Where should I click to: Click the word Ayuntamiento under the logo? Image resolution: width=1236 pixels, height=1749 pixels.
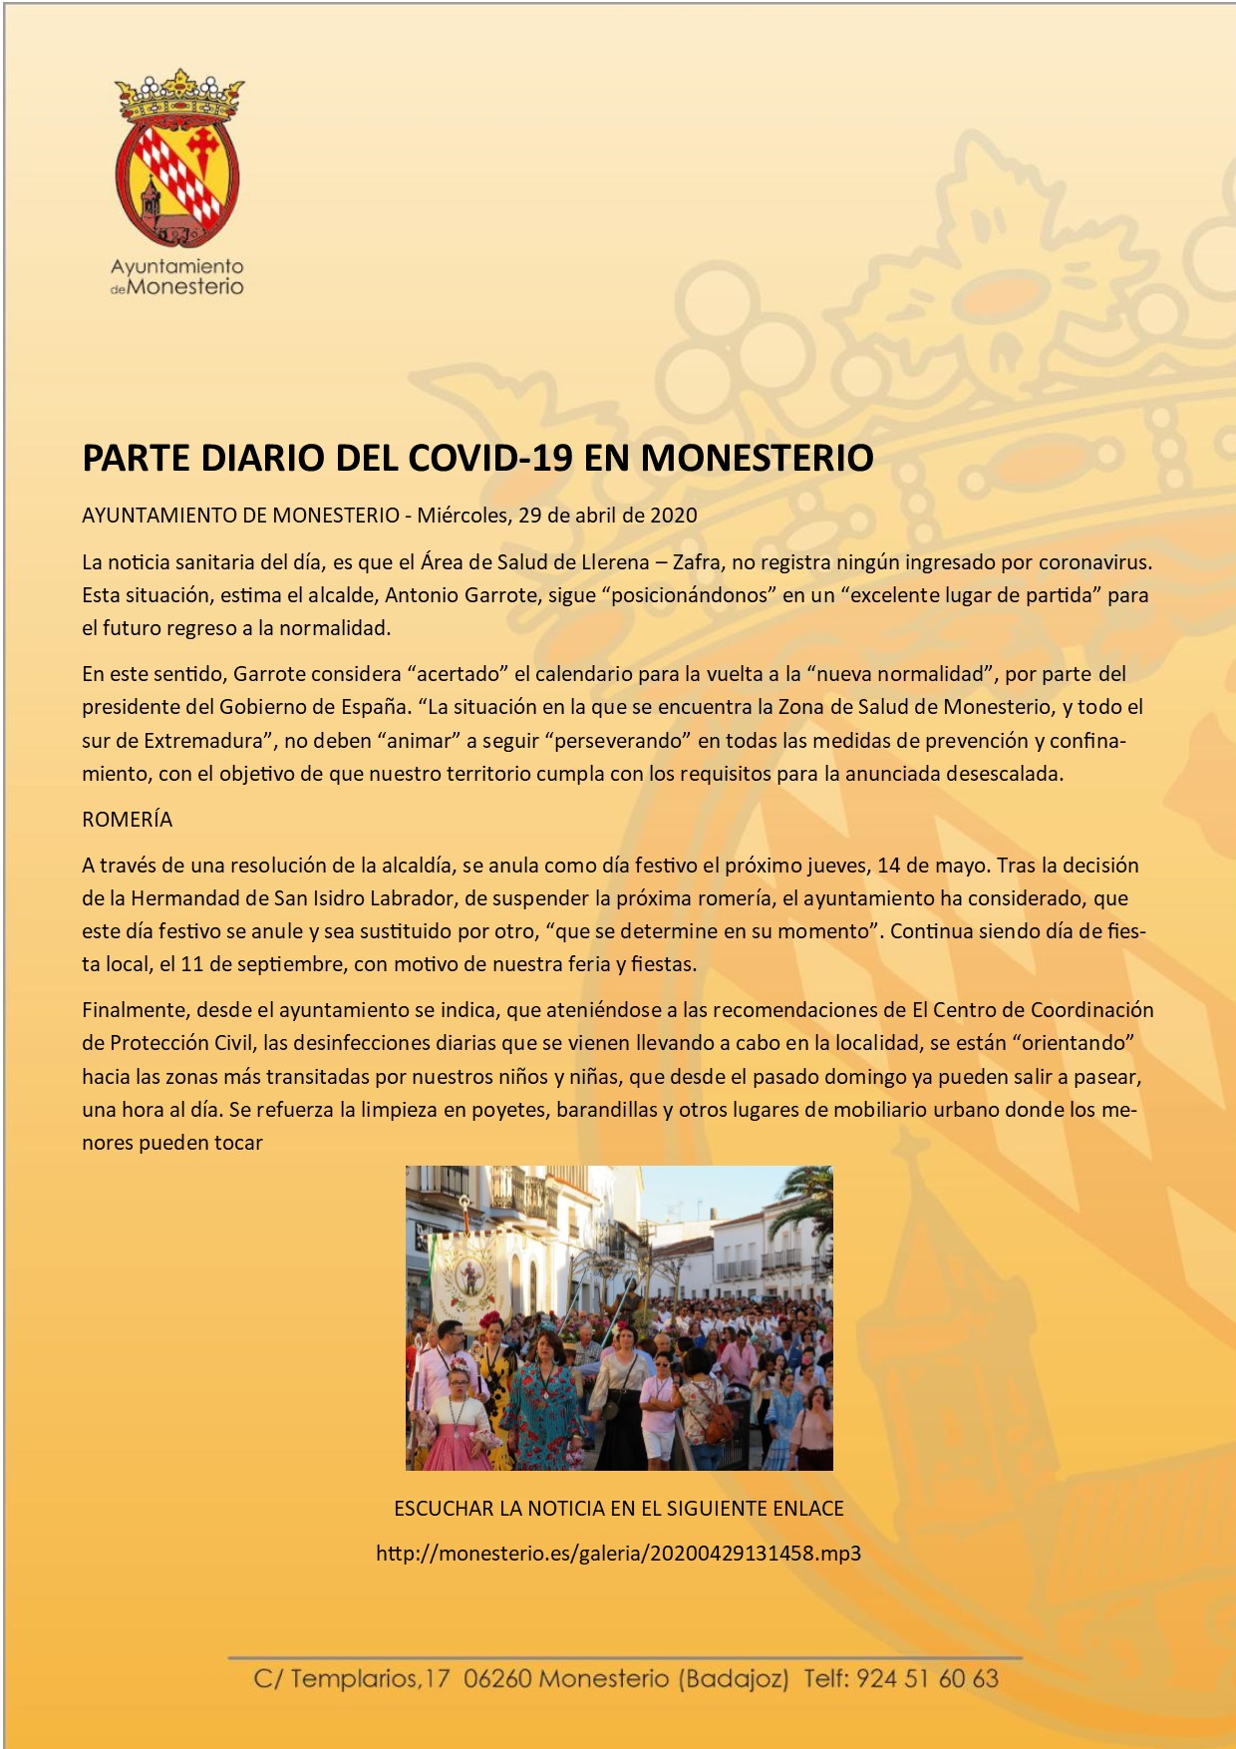176,266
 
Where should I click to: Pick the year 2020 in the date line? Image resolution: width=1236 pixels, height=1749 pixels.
674,516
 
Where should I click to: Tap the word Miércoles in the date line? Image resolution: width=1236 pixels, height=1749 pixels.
463,516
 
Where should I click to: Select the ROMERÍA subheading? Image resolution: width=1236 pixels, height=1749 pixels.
127,820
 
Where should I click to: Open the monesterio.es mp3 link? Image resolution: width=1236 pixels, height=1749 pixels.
618,1553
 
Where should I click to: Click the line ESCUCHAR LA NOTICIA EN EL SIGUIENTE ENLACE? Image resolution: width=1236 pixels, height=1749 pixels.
618,1509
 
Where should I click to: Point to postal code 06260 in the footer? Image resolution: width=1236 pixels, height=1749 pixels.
497,1678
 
